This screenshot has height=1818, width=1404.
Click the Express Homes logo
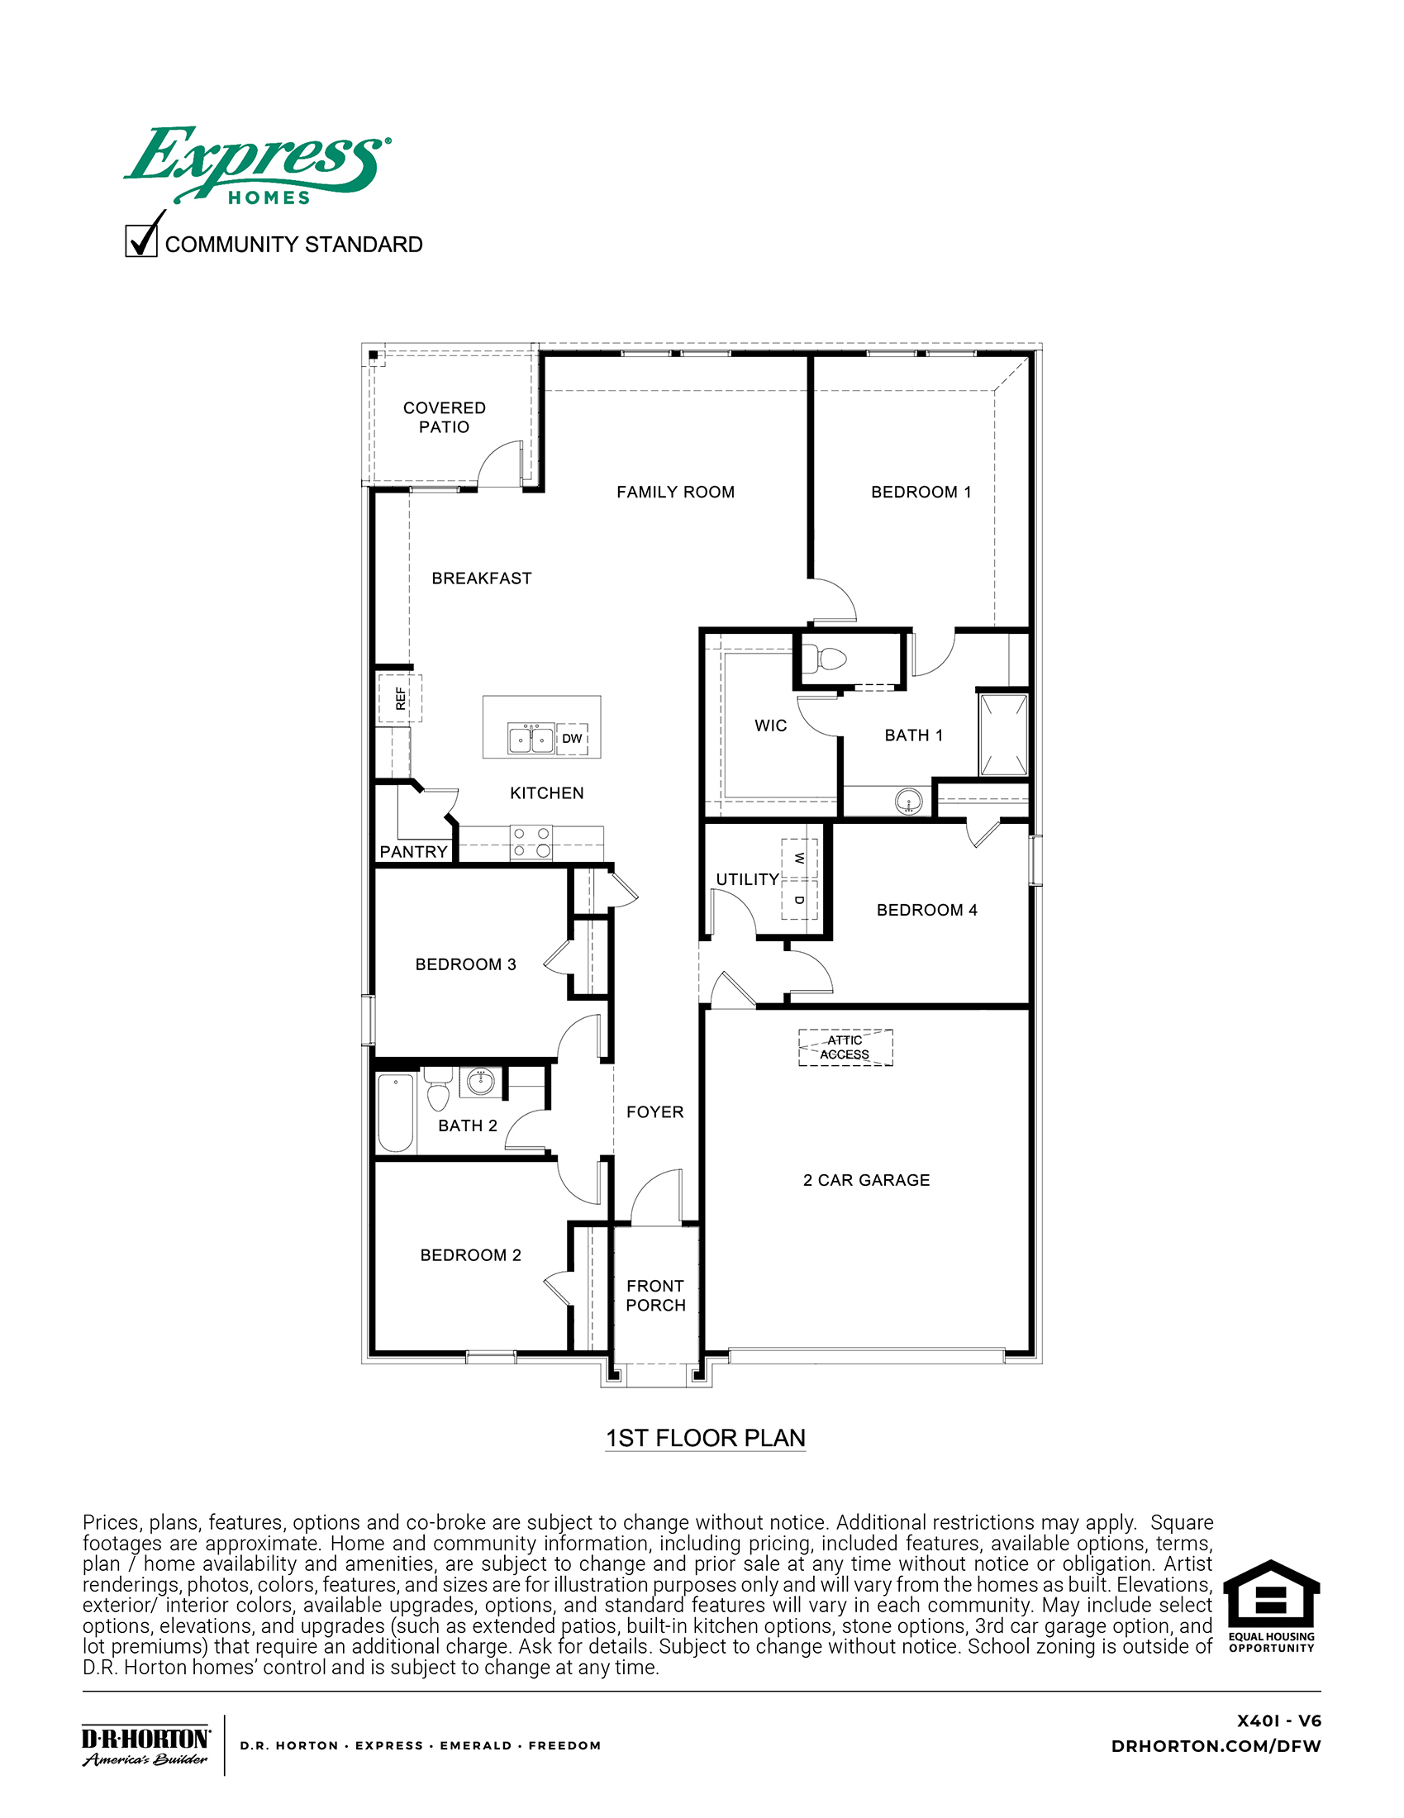[x=256, y=164]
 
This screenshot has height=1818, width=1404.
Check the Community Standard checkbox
[x=141, y=240]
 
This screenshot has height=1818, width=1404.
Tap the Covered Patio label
[x=445, y=417]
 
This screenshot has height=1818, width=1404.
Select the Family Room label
[x=676, y=492]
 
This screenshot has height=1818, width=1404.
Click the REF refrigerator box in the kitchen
[x=400, y=698]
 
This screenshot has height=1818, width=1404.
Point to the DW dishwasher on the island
[x=572, y=738]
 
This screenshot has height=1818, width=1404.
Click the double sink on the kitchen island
[x=531, y=737]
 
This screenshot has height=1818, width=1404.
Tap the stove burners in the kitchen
[x=531, y=842]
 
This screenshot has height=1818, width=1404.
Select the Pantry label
[x=414, y=851]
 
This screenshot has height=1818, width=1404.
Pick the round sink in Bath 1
[x=909, y=802]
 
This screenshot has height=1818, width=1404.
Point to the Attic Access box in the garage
[x=845, y=1047]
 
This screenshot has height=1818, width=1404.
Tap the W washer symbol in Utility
[x=799, y=859]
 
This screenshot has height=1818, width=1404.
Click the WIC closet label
[x=771, y=726]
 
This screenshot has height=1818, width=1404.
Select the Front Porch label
[x=656, y=1295]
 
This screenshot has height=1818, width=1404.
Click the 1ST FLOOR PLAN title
[x=706, y=1438]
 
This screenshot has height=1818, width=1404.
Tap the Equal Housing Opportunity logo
[x=1271, y=1606]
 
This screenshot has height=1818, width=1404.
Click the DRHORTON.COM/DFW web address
[x=1216, y=1746]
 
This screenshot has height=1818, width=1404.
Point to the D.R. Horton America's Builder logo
[x=146, y=1745]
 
